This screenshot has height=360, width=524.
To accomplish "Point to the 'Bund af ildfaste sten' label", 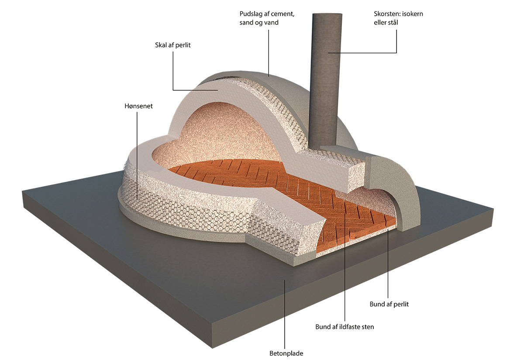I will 345,326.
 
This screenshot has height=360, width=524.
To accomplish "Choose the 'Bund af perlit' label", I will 388,304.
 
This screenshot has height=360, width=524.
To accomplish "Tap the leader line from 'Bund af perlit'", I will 388,262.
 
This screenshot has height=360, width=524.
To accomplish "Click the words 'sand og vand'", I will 259,22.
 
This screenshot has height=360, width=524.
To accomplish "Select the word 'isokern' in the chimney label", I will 412,14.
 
